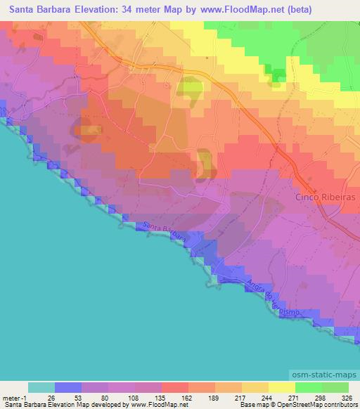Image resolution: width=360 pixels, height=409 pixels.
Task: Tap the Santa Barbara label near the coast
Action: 163,233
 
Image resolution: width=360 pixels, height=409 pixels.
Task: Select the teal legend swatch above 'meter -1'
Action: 41,387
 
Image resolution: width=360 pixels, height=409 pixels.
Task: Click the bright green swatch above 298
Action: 308,387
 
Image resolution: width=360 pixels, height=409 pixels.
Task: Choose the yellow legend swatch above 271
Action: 281,387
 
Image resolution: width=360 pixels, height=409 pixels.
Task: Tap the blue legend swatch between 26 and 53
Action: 67,387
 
